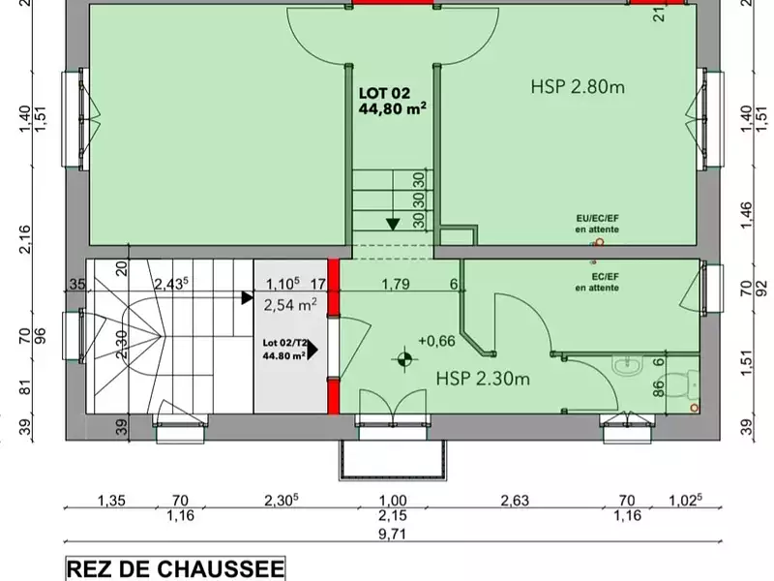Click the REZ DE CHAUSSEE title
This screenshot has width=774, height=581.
[x=174, y=568]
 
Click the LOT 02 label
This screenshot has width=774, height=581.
[x=385, y=93]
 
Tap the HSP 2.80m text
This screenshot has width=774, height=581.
[x=578, y=87]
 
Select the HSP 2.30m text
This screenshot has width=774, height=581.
[x=482, y=378]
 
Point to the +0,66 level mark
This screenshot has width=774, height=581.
[x=436, y=341]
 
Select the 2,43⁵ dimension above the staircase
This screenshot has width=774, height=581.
[x=170, y=284]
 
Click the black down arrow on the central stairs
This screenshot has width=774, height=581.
[x=393, y=224]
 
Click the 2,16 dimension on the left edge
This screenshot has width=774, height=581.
[x=26, y=235]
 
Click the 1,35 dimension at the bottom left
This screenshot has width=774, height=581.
[x=112, y=501]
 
